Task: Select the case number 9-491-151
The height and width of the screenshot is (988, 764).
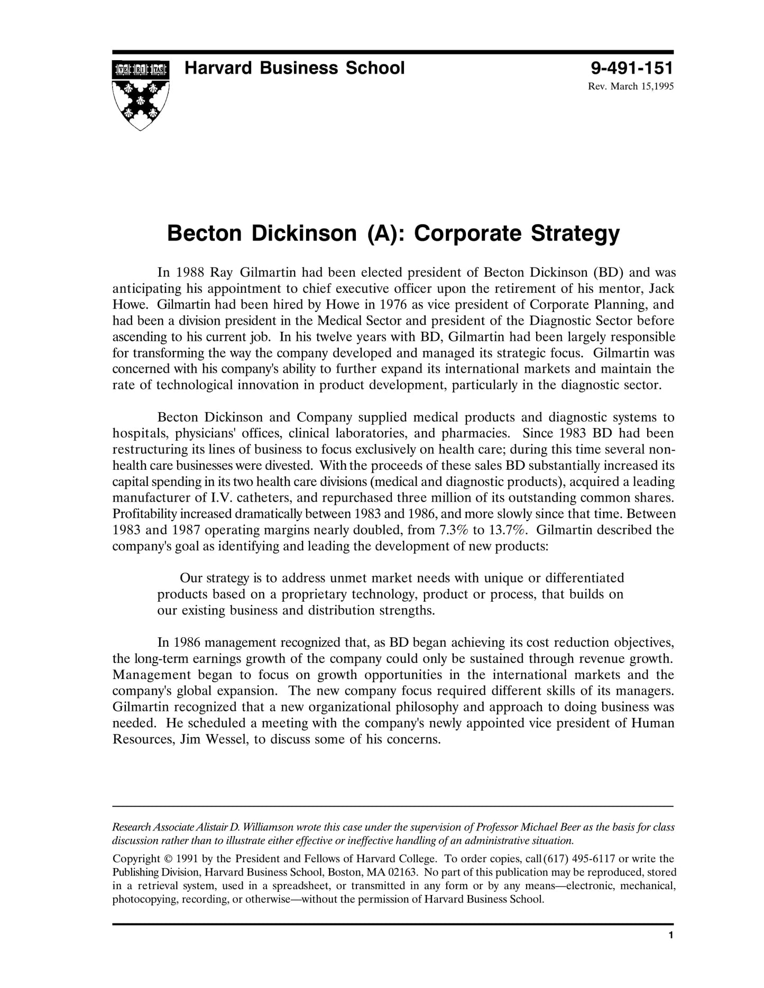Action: pyautogui.click(x=632, y=68)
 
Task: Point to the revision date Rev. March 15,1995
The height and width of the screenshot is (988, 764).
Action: pyautogui.click(x=631, y=86)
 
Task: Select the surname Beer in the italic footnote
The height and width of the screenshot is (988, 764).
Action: pyautogui.click(x=573, y=827)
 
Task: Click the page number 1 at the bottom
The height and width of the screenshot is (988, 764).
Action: pyautogui.click(x=670, y=936)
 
